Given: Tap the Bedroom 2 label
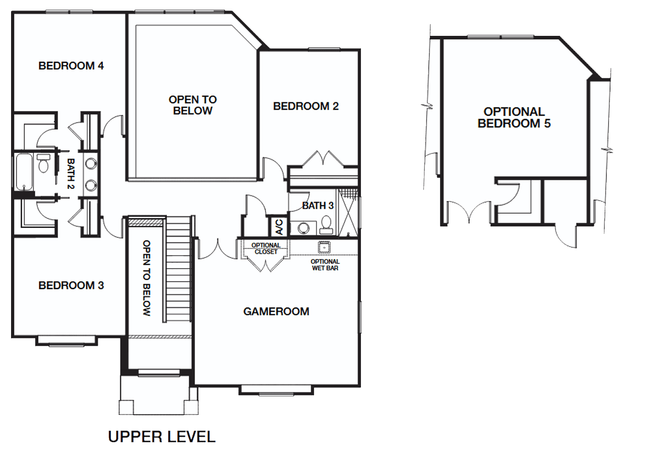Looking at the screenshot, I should click(x=306, y=106).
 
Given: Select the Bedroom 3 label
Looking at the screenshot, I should click(x=71, y=285).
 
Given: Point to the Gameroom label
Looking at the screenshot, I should click(x=276, y=311).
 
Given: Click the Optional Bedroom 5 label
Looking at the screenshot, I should click(x=514, y=118).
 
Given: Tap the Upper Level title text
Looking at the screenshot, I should click(x=161, y=437).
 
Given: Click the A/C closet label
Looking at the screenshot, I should click(x=279, y=227).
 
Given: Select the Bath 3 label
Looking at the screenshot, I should click(x=318, y=206).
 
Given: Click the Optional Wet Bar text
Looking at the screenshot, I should click(x=325, y=265).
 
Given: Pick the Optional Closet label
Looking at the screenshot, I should click(x=265, y=248).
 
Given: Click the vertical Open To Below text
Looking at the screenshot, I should click(x=146, y=278).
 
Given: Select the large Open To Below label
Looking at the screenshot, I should click(x=193, y=105).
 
